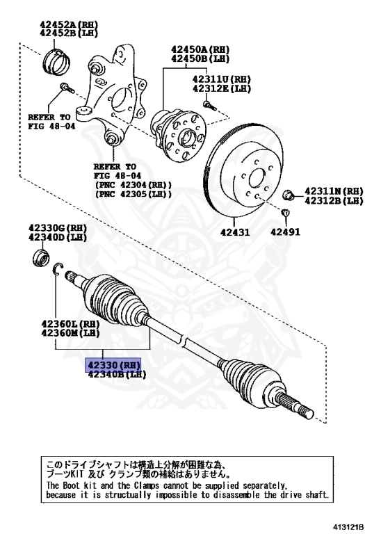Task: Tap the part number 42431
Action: coord(235,232)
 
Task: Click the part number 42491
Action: coord(285,232)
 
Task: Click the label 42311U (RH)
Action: coord(221,79)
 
